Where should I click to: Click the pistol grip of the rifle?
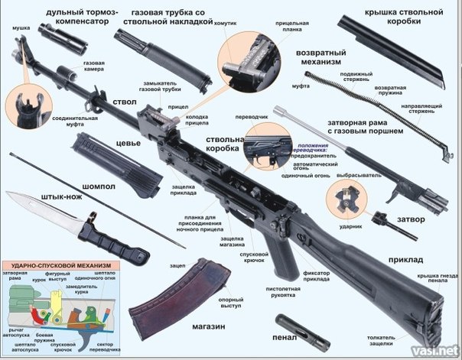click(x=282, y=256)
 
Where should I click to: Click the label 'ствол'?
click(x=125, y=100)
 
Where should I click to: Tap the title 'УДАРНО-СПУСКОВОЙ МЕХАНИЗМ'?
click(x=59, y=264)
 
